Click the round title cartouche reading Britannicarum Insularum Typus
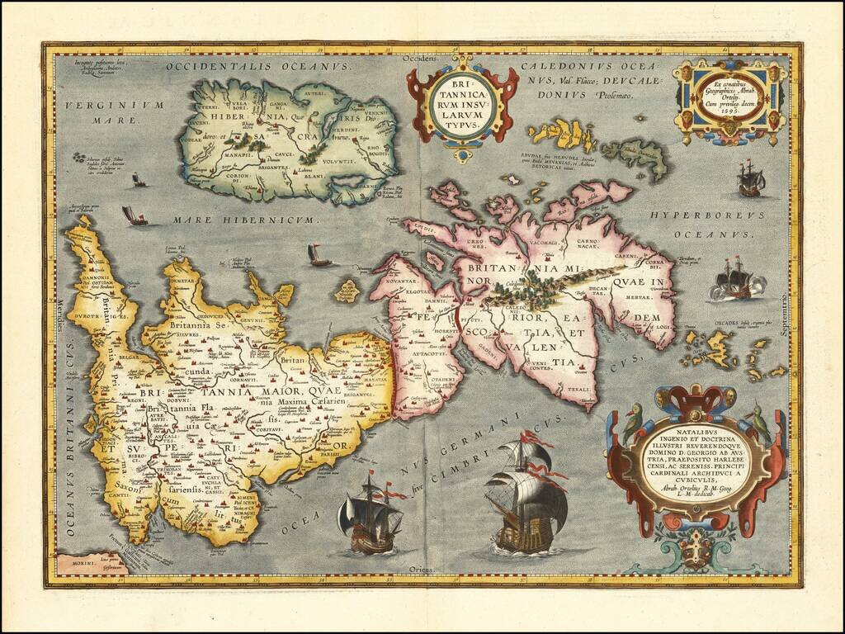tap(462, 103)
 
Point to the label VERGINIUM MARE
tap(125, 111)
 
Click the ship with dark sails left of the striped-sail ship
tap(370, 513)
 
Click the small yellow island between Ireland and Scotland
tap(347, 291)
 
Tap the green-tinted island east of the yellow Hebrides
tap(634, 157)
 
